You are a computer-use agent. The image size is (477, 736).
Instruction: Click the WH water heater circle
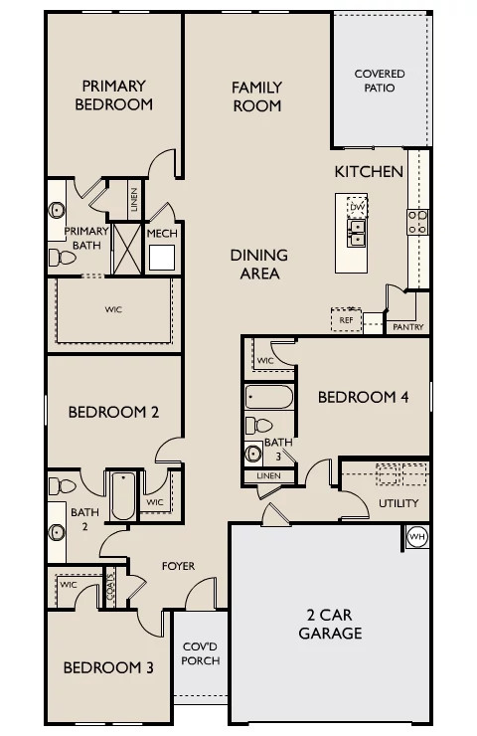(417, 536)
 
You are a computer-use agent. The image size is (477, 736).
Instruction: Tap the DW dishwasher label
(358, 207)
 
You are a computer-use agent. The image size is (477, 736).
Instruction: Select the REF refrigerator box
(346, 319)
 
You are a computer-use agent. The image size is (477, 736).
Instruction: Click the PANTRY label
(407, 327)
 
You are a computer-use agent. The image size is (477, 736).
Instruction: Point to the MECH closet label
(162, 234)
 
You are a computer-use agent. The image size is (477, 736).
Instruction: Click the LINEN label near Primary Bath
(134, 200)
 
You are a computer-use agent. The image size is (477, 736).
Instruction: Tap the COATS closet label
(109, 587)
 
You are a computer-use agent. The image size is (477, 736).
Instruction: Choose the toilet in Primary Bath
(62, 258)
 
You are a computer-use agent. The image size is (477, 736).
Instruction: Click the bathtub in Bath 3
(268, 397)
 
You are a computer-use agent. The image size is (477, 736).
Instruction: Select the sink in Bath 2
(57, 532)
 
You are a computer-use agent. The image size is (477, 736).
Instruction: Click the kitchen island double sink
(357, 234)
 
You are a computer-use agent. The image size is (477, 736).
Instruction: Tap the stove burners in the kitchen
(417, 222)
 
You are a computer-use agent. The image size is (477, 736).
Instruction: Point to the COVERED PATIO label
(380, 81)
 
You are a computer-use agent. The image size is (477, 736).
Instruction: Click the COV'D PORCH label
(201, 653)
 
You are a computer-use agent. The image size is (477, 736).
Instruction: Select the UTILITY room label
(398, 503)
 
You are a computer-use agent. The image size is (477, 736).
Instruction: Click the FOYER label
(178, 566)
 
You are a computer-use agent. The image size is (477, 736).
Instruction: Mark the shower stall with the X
(126, 250)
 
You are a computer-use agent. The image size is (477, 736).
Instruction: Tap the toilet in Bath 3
(259, 426)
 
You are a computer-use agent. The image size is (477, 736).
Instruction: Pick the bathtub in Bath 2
(123, 495)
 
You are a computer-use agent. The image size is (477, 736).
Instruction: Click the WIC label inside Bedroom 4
(265, 360)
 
